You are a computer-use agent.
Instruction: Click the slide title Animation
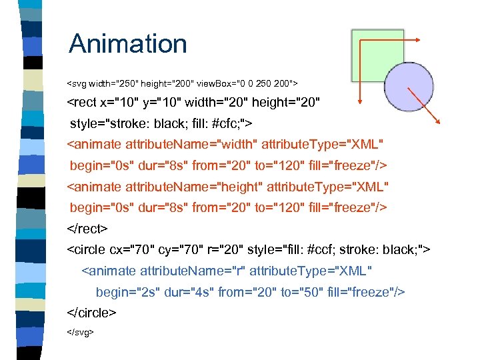coord(128,44)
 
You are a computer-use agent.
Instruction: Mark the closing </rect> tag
coord(87,229)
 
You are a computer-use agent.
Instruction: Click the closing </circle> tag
coord(92,312)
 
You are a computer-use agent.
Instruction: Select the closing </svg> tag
coord(81,331)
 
